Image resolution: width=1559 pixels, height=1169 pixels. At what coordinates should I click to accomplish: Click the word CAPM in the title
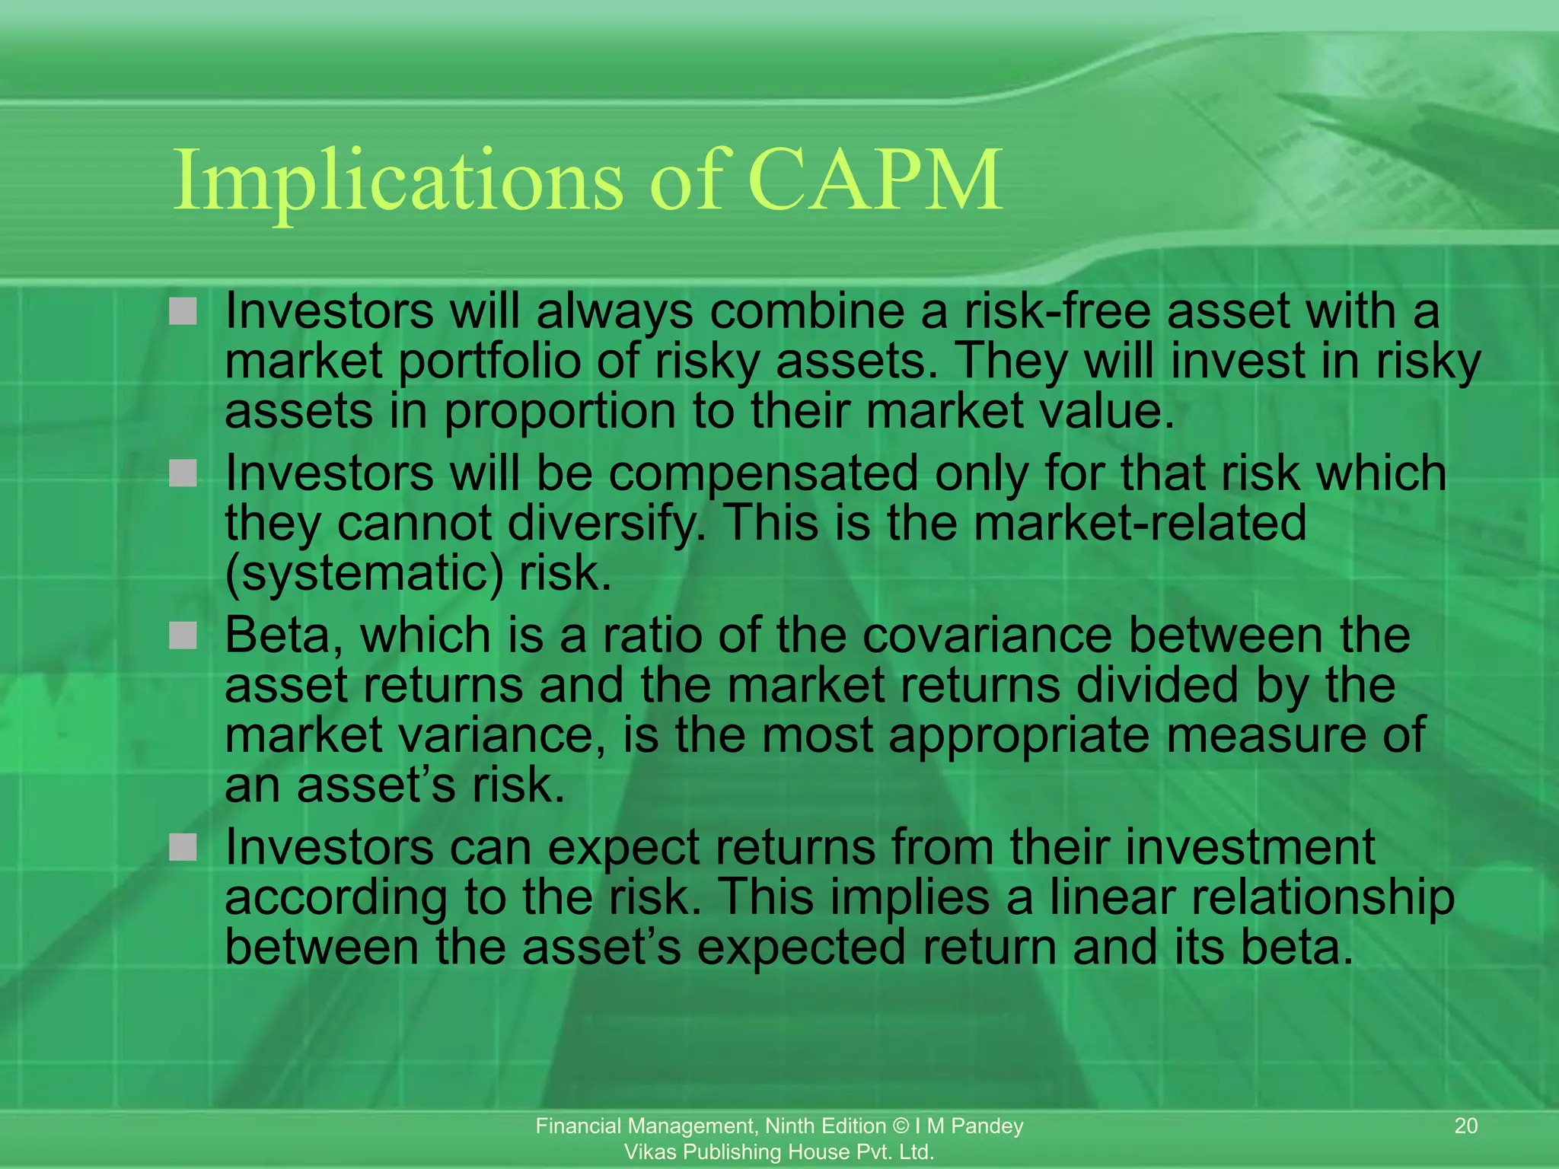[875, 180]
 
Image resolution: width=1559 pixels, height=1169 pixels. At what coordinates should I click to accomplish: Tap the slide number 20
[1466, 1126]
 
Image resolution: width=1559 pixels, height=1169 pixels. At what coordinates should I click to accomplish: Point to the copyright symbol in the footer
[901, 1126]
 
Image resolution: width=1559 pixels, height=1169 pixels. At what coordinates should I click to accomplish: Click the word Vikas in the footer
[646, 1151]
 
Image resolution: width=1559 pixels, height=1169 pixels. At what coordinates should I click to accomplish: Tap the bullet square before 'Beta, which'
[183, 635]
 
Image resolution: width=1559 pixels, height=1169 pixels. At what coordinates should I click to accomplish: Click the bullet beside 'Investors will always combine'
[183, 311]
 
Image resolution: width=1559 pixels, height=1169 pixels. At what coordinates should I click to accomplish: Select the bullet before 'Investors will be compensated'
[183, 473]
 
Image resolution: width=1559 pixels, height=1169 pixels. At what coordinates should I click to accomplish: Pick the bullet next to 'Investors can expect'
[183, 846]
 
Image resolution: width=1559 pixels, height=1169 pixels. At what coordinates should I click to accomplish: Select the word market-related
[1140, 524]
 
